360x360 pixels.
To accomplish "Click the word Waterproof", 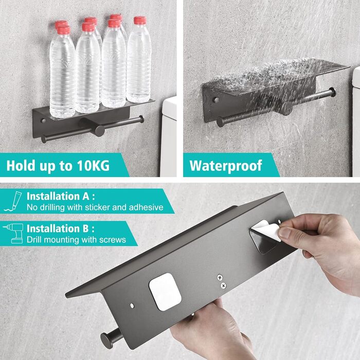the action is point(225,166).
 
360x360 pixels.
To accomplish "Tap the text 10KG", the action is point(93,165).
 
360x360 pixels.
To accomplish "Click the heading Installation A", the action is point(60,196).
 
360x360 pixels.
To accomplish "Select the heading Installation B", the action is point(60,229).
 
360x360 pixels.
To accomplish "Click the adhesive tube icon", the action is point(13,202).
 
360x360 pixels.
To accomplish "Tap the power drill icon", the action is point(14,233).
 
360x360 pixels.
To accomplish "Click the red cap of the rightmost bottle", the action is point(140,20).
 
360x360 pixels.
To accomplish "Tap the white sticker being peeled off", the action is point(267,229).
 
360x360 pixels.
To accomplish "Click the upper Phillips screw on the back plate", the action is point(220,278).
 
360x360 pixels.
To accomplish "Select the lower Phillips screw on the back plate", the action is point(223,285).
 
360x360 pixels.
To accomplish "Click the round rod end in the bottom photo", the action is point(107,340).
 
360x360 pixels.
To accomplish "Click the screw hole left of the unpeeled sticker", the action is point(132,305).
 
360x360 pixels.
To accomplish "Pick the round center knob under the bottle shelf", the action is point(100,131).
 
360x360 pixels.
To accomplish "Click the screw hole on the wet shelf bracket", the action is point(216,100).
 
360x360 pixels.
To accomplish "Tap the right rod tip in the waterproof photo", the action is point(332,92).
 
